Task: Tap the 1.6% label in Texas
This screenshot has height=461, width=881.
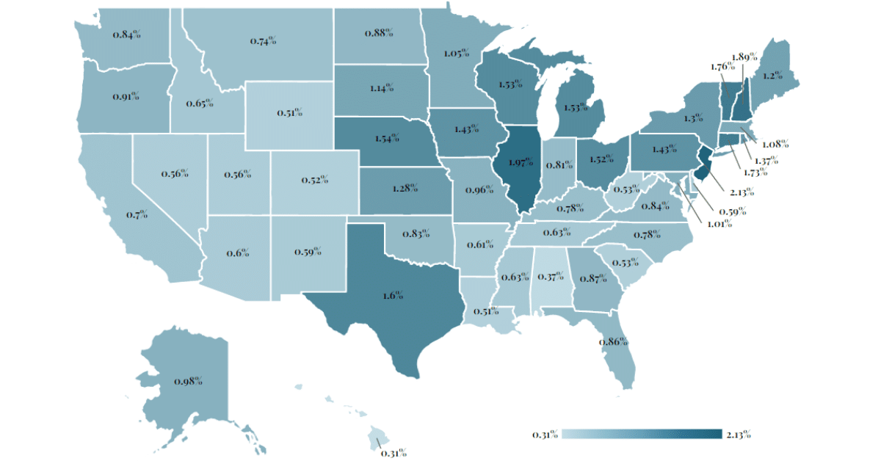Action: [393, 294]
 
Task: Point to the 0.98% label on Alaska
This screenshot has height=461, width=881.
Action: [188, 381]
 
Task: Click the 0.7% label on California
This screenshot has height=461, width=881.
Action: [137, 214]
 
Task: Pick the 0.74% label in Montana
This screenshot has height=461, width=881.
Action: [263, 41]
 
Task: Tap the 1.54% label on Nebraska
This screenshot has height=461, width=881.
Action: [386, 137]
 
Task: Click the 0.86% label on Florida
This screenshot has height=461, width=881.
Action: [613, 341]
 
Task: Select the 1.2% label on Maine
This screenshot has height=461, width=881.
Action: [769, 76]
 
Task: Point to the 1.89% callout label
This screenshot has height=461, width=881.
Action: [742, 57]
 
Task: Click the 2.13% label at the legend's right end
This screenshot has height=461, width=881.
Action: [738, 434]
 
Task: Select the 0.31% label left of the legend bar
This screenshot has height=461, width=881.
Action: [545, 434]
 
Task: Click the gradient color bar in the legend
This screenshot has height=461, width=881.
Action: [642, 434]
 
